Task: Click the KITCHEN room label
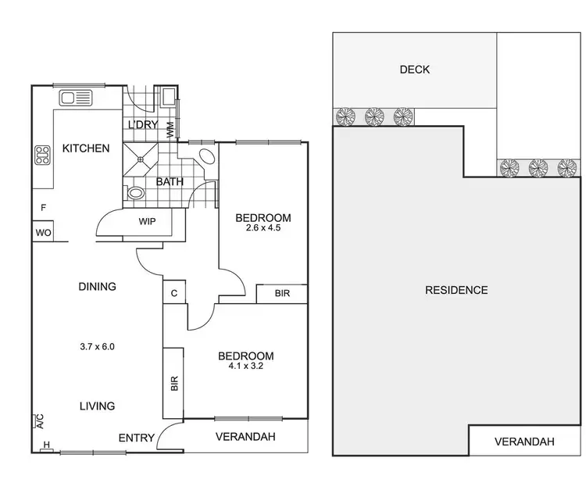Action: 86,148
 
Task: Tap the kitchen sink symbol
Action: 76,98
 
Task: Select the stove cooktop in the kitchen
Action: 41,156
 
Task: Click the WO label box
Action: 42,232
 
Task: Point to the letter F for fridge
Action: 44,208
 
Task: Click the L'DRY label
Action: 143,125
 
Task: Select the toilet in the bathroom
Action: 135,192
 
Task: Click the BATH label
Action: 170,182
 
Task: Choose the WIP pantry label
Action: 148,222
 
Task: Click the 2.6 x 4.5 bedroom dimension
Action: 263,229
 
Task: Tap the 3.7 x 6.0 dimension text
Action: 97,346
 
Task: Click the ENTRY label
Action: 137,438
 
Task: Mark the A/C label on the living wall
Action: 37,423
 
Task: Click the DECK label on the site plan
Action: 414,70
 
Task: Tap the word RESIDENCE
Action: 456,290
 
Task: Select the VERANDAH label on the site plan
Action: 524,442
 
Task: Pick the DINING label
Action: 97,287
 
